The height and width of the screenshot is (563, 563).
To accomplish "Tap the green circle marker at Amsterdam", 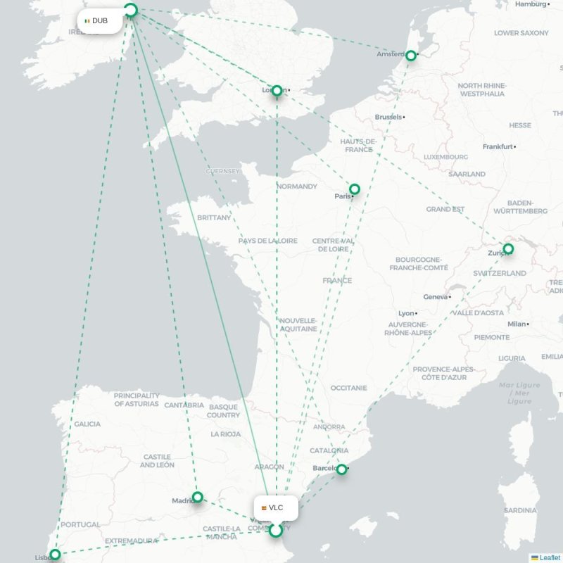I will tap(412, 55).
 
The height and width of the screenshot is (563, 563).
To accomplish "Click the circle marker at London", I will tap(277, 91).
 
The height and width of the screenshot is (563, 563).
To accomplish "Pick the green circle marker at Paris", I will tap(355, 189).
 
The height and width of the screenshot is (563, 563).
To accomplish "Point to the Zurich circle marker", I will tap(508, 249).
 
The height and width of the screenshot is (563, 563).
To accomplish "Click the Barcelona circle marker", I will tap(341, 469).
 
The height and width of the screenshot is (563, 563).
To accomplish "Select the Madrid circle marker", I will tap(198, 497).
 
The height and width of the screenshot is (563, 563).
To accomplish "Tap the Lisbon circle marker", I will tap(55, 555).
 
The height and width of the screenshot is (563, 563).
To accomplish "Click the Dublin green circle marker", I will tap(130, 10).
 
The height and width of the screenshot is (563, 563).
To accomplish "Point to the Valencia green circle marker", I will tap(276, 530).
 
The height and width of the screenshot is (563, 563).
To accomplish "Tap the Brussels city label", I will tap(389, 117).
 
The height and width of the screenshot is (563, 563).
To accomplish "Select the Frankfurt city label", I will tap(498, 146).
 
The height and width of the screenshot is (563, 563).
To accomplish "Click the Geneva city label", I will tap(436, 297).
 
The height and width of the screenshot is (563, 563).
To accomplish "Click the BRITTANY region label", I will tap(214, 217).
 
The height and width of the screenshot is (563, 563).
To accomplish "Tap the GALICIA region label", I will tap(87, 424).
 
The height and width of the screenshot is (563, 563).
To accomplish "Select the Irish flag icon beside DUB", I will tap(87, 21).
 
